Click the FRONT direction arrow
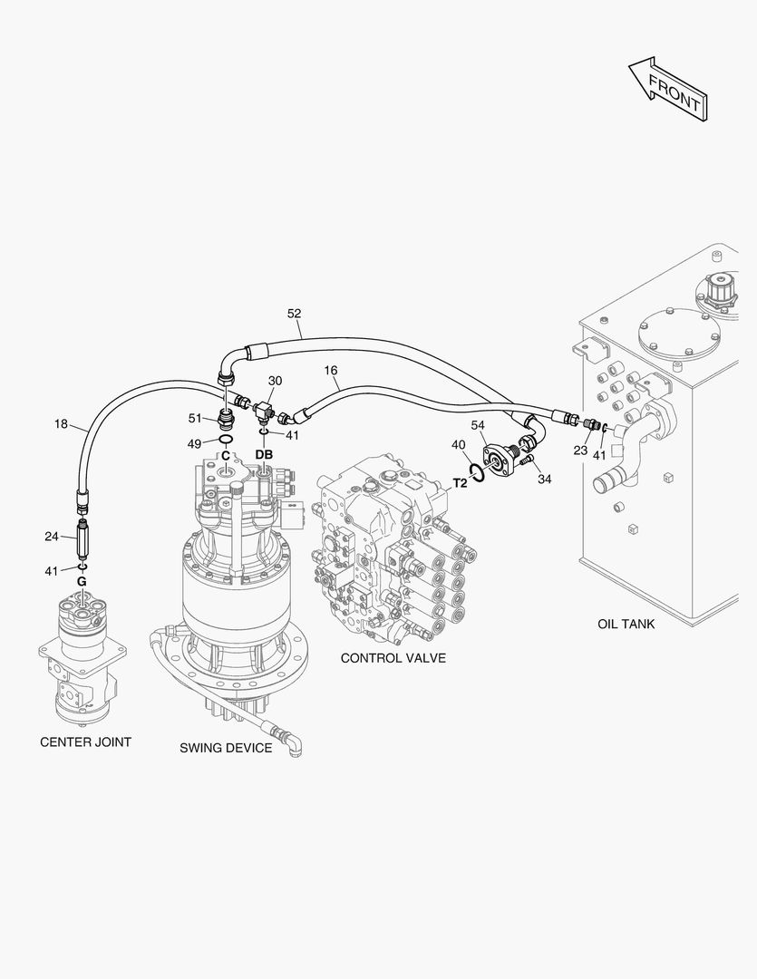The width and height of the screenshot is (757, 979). [667, 88]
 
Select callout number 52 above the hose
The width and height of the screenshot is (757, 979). [294, 314]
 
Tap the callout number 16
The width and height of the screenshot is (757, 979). [330, 371]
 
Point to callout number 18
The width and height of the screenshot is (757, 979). [61, 423]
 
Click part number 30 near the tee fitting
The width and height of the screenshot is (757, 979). [275, 381]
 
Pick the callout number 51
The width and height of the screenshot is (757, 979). [195, 418]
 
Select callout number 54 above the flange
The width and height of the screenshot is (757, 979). [477, 425]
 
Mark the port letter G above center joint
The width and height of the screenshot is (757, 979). [81, 581]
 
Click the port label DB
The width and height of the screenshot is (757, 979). [264, 454]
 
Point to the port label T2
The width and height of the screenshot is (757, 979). [460, 482]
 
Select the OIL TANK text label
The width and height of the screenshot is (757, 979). [626, 624]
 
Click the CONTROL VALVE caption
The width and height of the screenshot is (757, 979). [393, 657]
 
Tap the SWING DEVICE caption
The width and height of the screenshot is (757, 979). [225, 748]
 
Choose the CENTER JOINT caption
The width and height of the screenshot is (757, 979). [85, 742]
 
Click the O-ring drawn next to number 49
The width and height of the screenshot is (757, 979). [226, 441]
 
